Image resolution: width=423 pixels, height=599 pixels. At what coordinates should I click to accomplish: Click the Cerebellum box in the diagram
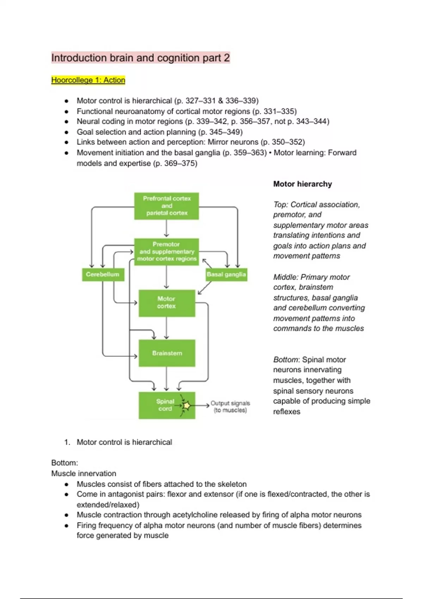pos(103,274)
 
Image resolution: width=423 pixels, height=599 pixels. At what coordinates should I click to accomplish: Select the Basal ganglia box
pos(226,274)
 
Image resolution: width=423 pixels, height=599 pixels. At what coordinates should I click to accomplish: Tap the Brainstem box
pos(167,353)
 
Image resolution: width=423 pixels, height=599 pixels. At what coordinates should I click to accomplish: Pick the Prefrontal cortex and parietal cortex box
pos(167,206)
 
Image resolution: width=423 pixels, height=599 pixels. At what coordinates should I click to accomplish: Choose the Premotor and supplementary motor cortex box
pos(167,252)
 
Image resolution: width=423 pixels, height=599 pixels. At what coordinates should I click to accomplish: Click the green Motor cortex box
pos(167,303)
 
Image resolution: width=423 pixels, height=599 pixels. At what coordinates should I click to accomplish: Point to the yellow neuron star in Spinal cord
pos(186,406)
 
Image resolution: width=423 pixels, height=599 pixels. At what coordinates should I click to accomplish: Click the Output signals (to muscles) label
pos(230,406)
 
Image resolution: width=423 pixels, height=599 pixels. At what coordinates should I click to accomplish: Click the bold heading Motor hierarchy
pos(302,184)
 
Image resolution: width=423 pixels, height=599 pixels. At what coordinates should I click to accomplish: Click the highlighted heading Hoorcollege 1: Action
pos(88,80)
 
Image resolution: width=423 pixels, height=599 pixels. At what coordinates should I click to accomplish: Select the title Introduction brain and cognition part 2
pos(140,58)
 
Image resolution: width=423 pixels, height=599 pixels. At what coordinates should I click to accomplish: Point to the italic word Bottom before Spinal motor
pos(286,359)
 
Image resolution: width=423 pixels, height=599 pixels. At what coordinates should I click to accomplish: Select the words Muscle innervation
pos(84,473)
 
